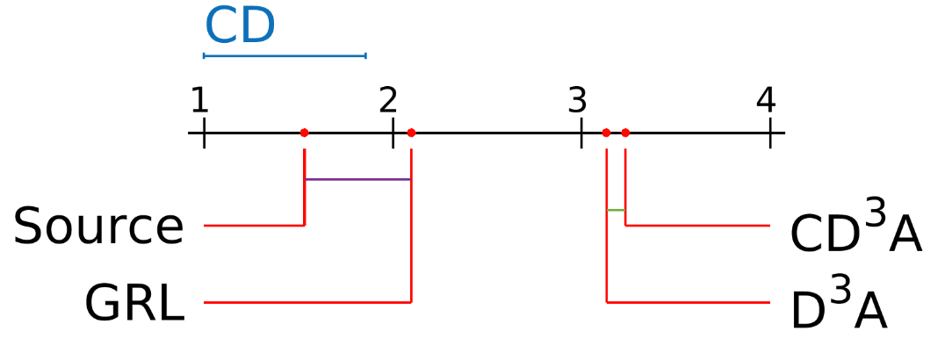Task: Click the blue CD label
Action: point(240,26)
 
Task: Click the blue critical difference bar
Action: point(285,55)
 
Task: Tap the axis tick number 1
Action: point(199,102)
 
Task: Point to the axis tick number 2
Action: point(388,102)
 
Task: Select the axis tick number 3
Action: point(576,102)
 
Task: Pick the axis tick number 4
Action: point(766,102)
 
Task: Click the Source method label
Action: point(98,227)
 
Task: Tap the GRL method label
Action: point(134,304)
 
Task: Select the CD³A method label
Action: point(855,229)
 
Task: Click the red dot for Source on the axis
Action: point(304,133)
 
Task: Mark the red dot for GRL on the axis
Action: point(411,133)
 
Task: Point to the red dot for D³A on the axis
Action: point(606,133)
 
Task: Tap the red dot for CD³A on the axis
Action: point(625,133)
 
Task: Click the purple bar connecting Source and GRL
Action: point(357,179)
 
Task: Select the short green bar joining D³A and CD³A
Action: point(616,210)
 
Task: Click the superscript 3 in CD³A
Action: point(876,215)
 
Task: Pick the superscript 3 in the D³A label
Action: point(841,292)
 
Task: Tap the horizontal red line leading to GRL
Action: point(307,302)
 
